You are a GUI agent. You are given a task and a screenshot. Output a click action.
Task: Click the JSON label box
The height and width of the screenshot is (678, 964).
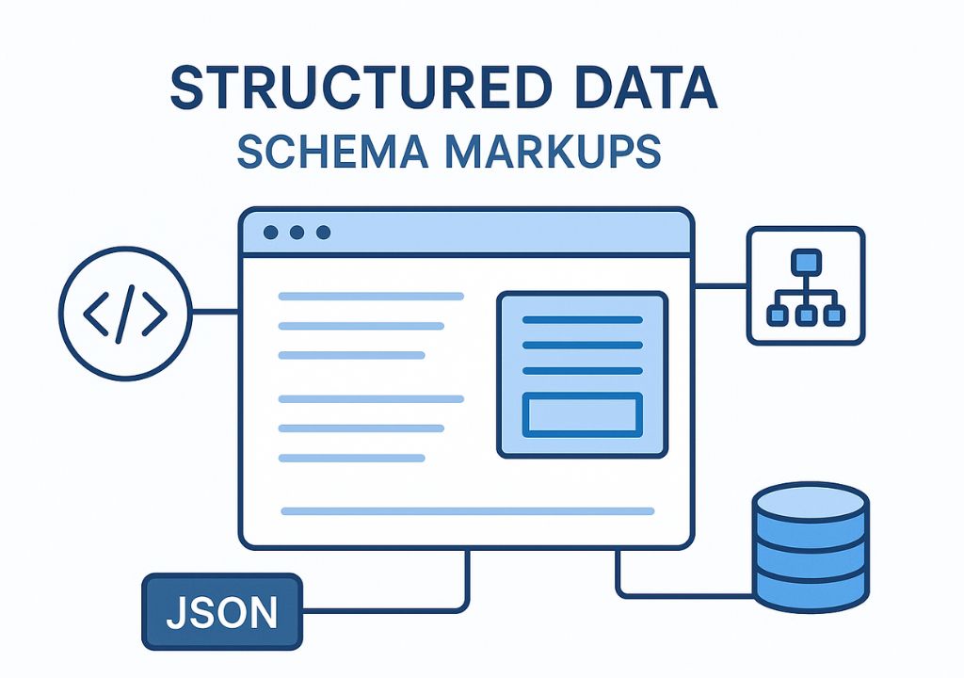(222, 612)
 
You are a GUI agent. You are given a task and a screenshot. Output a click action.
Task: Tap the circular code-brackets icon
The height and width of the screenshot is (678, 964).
(125, 314)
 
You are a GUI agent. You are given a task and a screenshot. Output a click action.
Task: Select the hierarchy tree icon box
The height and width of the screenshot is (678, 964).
(805, 285)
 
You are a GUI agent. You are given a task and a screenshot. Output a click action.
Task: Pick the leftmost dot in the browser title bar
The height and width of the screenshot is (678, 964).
(271, 233)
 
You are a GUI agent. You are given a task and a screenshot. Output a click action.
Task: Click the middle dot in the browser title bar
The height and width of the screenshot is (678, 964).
(297, 233)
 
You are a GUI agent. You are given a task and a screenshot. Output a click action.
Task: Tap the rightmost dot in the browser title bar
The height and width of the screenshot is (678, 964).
(324, 233)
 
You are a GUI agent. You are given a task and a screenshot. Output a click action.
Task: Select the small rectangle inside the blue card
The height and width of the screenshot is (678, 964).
(582, 414)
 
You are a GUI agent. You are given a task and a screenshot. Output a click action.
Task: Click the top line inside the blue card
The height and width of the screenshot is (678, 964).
(582, 320)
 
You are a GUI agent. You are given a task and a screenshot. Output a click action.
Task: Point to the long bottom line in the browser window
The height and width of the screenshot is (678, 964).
(468, 511)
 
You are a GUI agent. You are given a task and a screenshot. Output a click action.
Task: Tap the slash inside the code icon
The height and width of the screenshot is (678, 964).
(125, 314)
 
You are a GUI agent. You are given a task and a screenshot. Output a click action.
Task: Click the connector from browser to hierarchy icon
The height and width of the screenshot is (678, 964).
(720, 284)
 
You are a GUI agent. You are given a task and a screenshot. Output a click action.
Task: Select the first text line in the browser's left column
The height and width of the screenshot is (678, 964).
(371, 297)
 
